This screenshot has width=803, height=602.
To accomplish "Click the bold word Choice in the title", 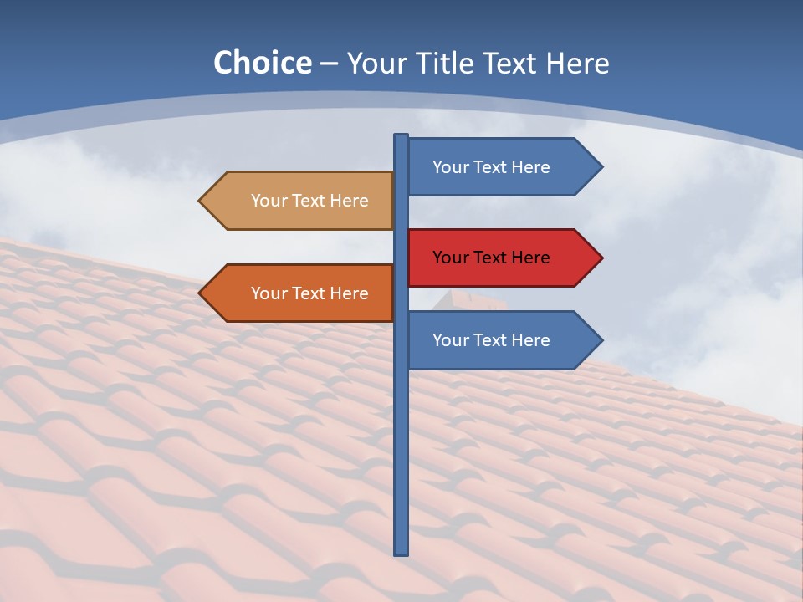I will pos(262,63).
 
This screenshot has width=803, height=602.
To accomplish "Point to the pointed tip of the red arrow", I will pos(601,258).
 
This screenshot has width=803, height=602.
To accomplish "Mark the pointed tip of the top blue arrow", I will pos(601,167).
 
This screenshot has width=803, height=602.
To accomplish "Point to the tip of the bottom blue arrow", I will pos(601,340).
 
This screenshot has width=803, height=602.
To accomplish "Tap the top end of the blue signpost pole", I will pos(401,136).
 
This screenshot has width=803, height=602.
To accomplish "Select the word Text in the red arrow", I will pos(491,258).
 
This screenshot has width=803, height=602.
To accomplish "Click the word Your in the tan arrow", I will pos(269,201).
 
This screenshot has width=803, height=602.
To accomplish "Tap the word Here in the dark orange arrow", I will pos(349,293).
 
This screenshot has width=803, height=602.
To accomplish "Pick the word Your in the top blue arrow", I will pos(450,167).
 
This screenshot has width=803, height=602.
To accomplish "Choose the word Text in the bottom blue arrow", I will pos(491,340).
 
